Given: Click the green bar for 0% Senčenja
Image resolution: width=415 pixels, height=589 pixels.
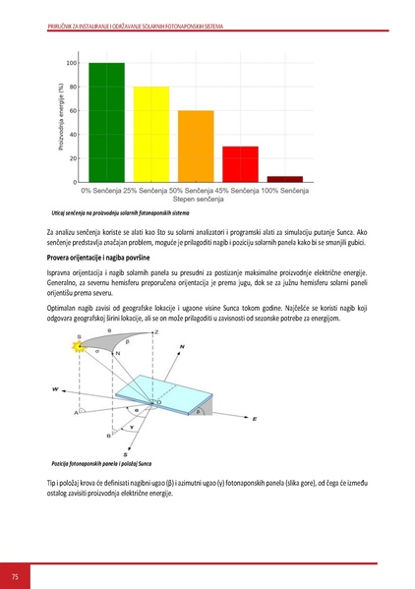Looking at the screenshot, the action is pos(106,122).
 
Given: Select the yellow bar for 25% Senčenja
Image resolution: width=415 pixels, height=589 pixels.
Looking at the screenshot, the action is pos(150,134).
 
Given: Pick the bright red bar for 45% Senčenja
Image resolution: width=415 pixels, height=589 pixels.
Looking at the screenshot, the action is pos(240,164).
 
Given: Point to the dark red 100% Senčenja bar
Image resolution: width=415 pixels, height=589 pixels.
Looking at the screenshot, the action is pos(284,179).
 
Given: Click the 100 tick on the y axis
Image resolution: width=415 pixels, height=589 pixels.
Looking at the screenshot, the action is pos(71,63).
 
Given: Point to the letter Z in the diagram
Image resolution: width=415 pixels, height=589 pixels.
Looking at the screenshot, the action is pos(157,332).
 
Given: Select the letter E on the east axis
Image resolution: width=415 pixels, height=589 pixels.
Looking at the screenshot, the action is pos(254,419).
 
